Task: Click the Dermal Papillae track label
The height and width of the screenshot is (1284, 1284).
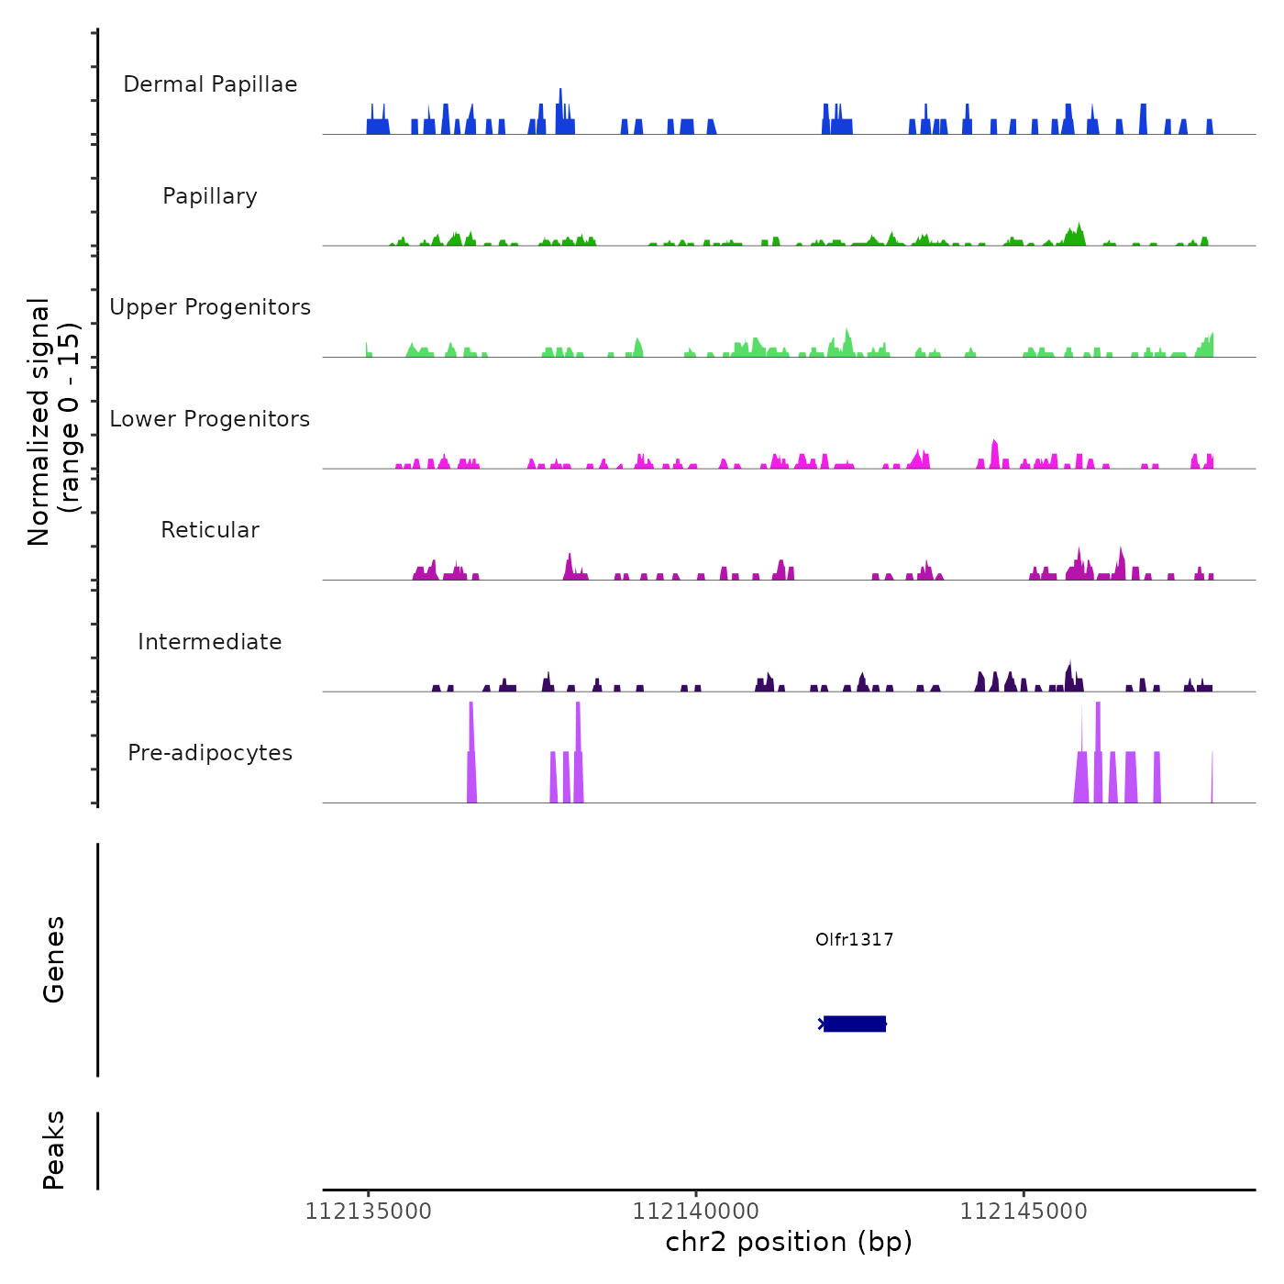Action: point(210,84)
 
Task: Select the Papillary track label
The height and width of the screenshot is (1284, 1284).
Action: point(210,196)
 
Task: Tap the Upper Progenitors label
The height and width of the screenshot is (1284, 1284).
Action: point(210,307)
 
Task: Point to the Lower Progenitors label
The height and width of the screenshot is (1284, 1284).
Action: point(210,419)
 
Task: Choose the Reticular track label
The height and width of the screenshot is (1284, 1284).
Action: point(210,530)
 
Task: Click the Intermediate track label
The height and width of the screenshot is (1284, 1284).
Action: point(210,642)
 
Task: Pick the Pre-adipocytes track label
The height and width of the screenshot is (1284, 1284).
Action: point(210,753)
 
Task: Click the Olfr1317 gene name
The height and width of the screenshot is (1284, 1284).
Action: point(854,939)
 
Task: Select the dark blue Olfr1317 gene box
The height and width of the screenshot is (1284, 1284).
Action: point(854,1024)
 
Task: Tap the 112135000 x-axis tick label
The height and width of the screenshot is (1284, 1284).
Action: point(369,1212)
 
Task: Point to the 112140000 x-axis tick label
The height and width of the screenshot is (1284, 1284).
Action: point(696,1212)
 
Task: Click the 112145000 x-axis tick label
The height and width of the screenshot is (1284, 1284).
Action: point(1024,1212)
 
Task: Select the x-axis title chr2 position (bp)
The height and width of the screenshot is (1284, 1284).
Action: point(789,1242)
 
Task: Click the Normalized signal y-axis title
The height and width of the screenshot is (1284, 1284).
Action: point(53,422)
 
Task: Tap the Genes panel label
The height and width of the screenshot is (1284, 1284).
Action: point(53,959)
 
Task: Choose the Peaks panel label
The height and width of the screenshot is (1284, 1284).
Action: point(53,1150)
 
